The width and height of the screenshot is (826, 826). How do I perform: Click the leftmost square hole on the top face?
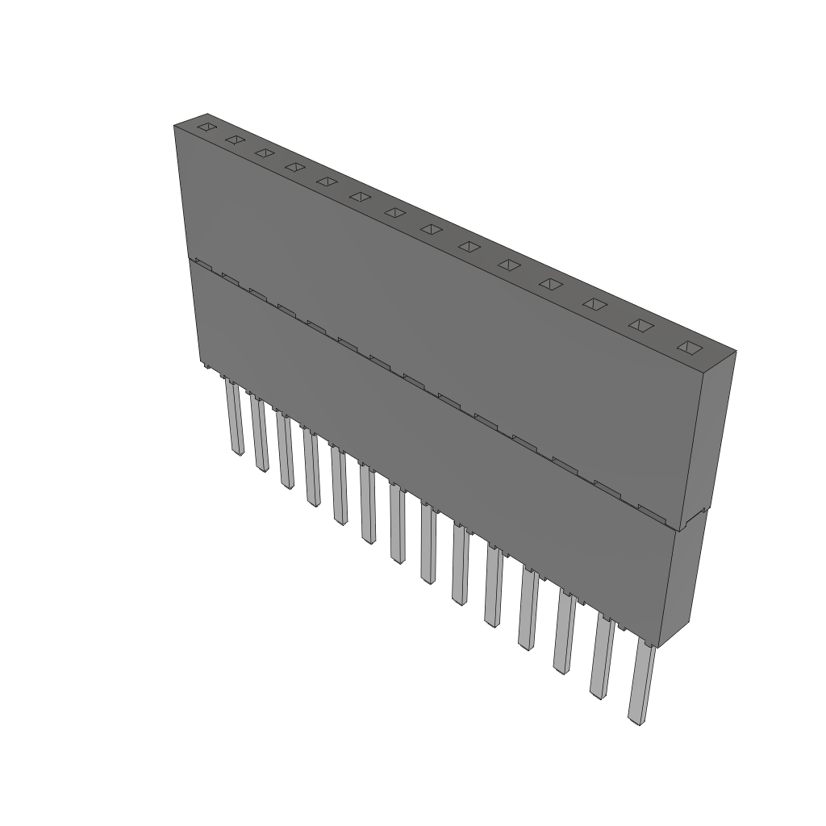[x=207, y=127]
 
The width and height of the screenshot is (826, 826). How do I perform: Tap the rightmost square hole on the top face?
[x=688, y=348]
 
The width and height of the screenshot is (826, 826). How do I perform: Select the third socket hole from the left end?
[x=263, y=152]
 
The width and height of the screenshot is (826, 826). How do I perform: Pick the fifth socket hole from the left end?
[x=326, y=181]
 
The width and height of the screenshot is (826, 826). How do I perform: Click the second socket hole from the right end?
[x=640, y=325]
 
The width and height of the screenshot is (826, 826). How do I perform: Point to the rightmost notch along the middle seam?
[x=650, y=511]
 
